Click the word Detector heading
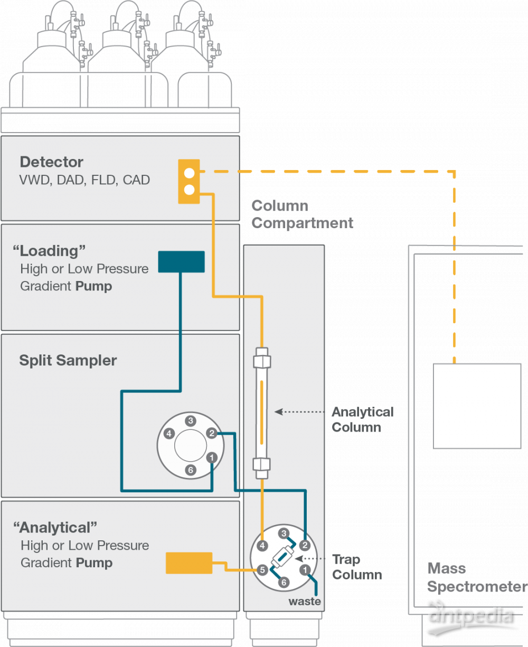[x=52, y=162]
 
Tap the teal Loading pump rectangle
[x=181, y=261]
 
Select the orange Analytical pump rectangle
[x=189, y=562]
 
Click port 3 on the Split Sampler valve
[x=191, y=421]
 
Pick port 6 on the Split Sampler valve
[x=191, y=470]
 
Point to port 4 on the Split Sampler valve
[x=169, y=434]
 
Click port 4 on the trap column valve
[x=262, y=545]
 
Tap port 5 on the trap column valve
[x=262, y=570]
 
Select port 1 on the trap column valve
[x=305, y=570]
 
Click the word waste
[x=304, y=602]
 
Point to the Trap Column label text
[x=356, y=567]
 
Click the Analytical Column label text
[x=362, y=419]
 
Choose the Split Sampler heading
[x=68, y=361]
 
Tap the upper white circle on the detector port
[x=190, y=173]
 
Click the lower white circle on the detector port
[x=190, y=190]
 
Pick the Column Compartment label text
[x=302, y=214]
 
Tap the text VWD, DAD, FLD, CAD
[x=85, y=180]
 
